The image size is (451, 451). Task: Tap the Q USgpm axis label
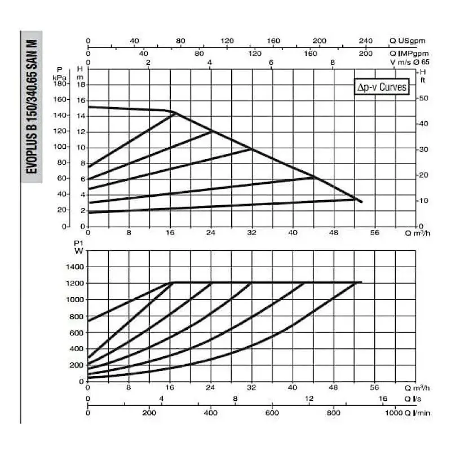[408, 41]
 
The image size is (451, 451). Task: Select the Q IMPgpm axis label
[409, 54]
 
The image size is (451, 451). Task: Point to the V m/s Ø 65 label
[410, 62]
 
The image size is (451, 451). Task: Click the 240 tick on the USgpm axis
[366, 41]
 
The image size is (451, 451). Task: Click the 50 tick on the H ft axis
[423, 99]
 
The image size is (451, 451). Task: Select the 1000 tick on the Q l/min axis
[393, 413]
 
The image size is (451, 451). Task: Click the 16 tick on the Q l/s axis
[383, 399]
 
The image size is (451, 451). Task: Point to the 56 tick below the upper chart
[375, 232]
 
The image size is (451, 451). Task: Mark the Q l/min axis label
[418, 413]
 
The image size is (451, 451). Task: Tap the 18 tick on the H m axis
[81, 85]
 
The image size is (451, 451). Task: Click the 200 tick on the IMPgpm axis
[366, 54]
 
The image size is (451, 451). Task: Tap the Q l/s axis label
[413, 399]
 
